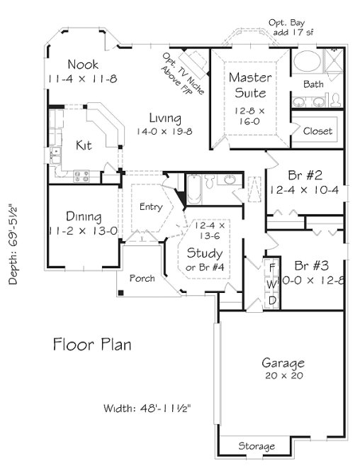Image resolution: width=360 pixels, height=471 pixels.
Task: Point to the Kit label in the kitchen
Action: point(84,145)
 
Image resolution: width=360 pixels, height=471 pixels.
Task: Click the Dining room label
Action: point(83,217)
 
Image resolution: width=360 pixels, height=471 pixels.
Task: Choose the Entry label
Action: point(150,207)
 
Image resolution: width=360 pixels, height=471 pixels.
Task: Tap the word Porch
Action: point(142,278)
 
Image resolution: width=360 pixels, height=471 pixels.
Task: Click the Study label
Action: point(204,253)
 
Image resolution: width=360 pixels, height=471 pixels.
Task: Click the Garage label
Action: point(282,361)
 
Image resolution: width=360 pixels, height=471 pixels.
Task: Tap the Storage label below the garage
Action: point(256,447)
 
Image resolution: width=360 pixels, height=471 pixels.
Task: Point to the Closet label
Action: point(317,131)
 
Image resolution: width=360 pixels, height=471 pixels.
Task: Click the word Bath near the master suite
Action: point(313,84)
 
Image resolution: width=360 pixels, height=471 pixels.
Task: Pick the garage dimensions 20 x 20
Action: point(282,375)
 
